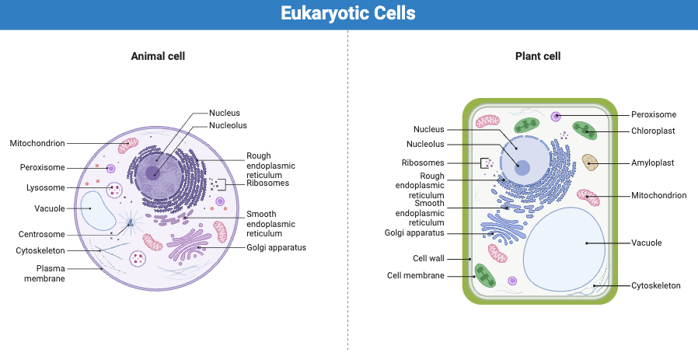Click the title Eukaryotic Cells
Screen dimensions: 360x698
pos(348,14)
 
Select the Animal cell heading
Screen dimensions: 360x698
pos(158,56)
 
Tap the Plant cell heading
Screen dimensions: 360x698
pos(538,56)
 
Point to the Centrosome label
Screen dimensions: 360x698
pos(41,234)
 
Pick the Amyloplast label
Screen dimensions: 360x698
pos(652,163)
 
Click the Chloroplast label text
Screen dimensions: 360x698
pos(653,131)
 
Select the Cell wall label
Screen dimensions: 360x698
pos(428,258)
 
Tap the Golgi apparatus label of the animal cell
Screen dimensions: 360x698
pos(276,248)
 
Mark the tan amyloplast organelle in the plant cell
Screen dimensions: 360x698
pos(590,163)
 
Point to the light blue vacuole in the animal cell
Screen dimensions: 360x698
pos(98,211)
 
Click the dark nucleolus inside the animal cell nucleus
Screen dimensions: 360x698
pos(155,173)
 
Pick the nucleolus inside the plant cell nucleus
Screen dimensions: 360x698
pos(523,167)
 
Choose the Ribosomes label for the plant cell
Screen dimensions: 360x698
pos(423,163)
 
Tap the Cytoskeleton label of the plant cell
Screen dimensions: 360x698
pos(655,286)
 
